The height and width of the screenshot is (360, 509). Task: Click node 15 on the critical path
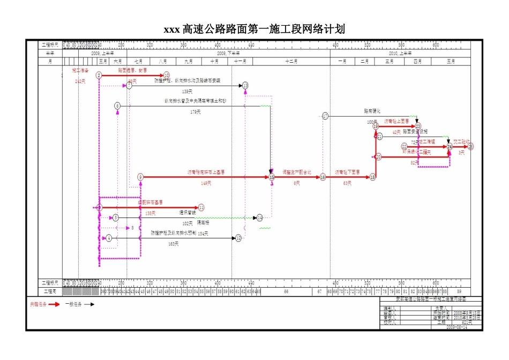coord(272,177)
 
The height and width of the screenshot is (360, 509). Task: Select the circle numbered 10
coord(167,76)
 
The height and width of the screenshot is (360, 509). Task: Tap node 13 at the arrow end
coord(245,86)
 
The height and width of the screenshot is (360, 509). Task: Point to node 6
coord(117,106)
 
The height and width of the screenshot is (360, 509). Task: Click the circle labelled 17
coord(325,116)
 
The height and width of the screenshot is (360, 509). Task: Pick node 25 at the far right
coord(471,146)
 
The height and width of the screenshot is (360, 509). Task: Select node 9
coord(140,177)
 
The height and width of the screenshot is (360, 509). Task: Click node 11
coord(201,207)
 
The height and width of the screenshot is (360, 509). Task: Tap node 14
coord(260,218)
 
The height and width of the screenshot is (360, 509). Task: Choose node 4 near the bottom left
coord(109,238)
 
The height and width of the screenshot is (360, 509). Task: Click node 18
coord(372,177)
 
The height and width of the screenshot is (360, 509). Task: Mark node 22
coord(405,146)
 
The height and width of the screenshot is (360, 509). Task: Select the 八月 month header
coord(162,62)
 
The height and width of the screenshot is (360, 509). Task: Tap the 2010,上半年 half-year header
coord(400,54)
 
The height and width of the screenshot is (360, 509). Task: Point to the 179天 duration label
coord(196,112)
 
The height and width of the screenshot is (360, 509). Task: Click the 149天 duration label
coord(206,183)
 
